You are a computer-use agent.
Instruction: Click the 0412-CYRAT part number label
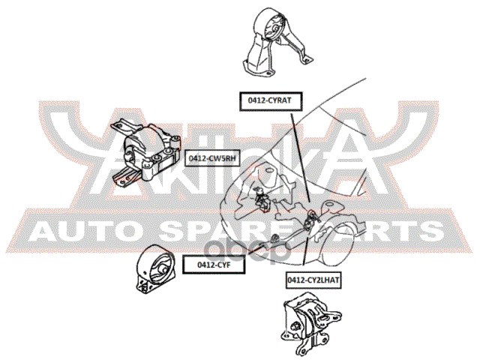pyautogui.click(x=271, y=101)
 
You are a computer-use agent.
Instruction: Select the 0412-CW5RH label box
pyautogui.click(x=212, y=158)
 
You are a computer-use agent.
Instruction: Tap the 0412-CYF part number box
pyautogui.click(x=214, y=265)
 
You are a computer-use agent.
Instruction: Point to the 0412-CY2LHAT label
pyautogui.click(x=313, y=280)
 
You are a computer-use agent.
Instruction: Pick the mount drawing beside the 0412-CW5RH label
pyautogui.click(x=145, y=152)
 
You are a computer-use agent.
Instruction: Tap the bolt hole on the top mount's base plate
pyautogui.click(x=268, y=73)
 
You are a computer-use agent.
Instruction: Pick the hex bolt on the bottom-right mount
pyautogui.click(x=295, y=326)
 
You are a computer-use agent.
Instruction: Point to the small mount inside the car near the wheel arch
pyautogui.click(x=312, y=219)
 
